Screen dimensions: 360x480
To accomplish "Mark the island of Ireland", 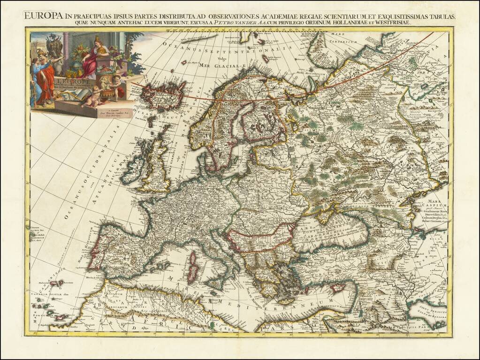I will coord(133,164).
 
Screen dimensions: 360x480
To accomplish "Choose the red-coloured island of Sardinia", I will coord(192,267).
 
